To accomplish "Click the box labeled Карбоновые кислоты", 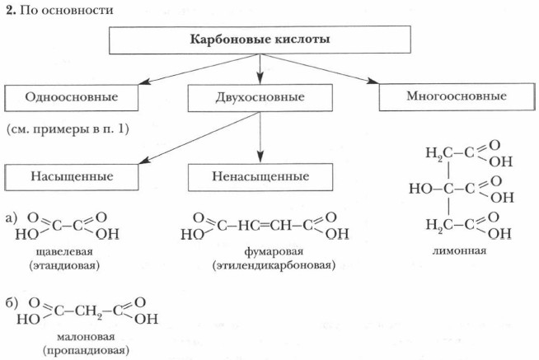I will (260, 40).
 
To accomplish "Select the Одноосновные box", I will (72, 97).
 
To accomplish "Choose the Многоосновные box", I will (456, 96).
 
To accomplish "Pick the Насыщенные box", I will (72, 176).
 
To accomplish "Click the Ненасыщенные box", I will (260, 176).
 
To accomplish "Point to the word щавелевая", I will (63, 251).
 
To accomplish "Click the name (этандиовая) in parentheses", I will (63, 266).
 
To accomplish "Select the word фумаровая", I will (261, 251).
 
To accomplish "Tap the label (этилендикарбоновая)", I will (261, 266).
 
